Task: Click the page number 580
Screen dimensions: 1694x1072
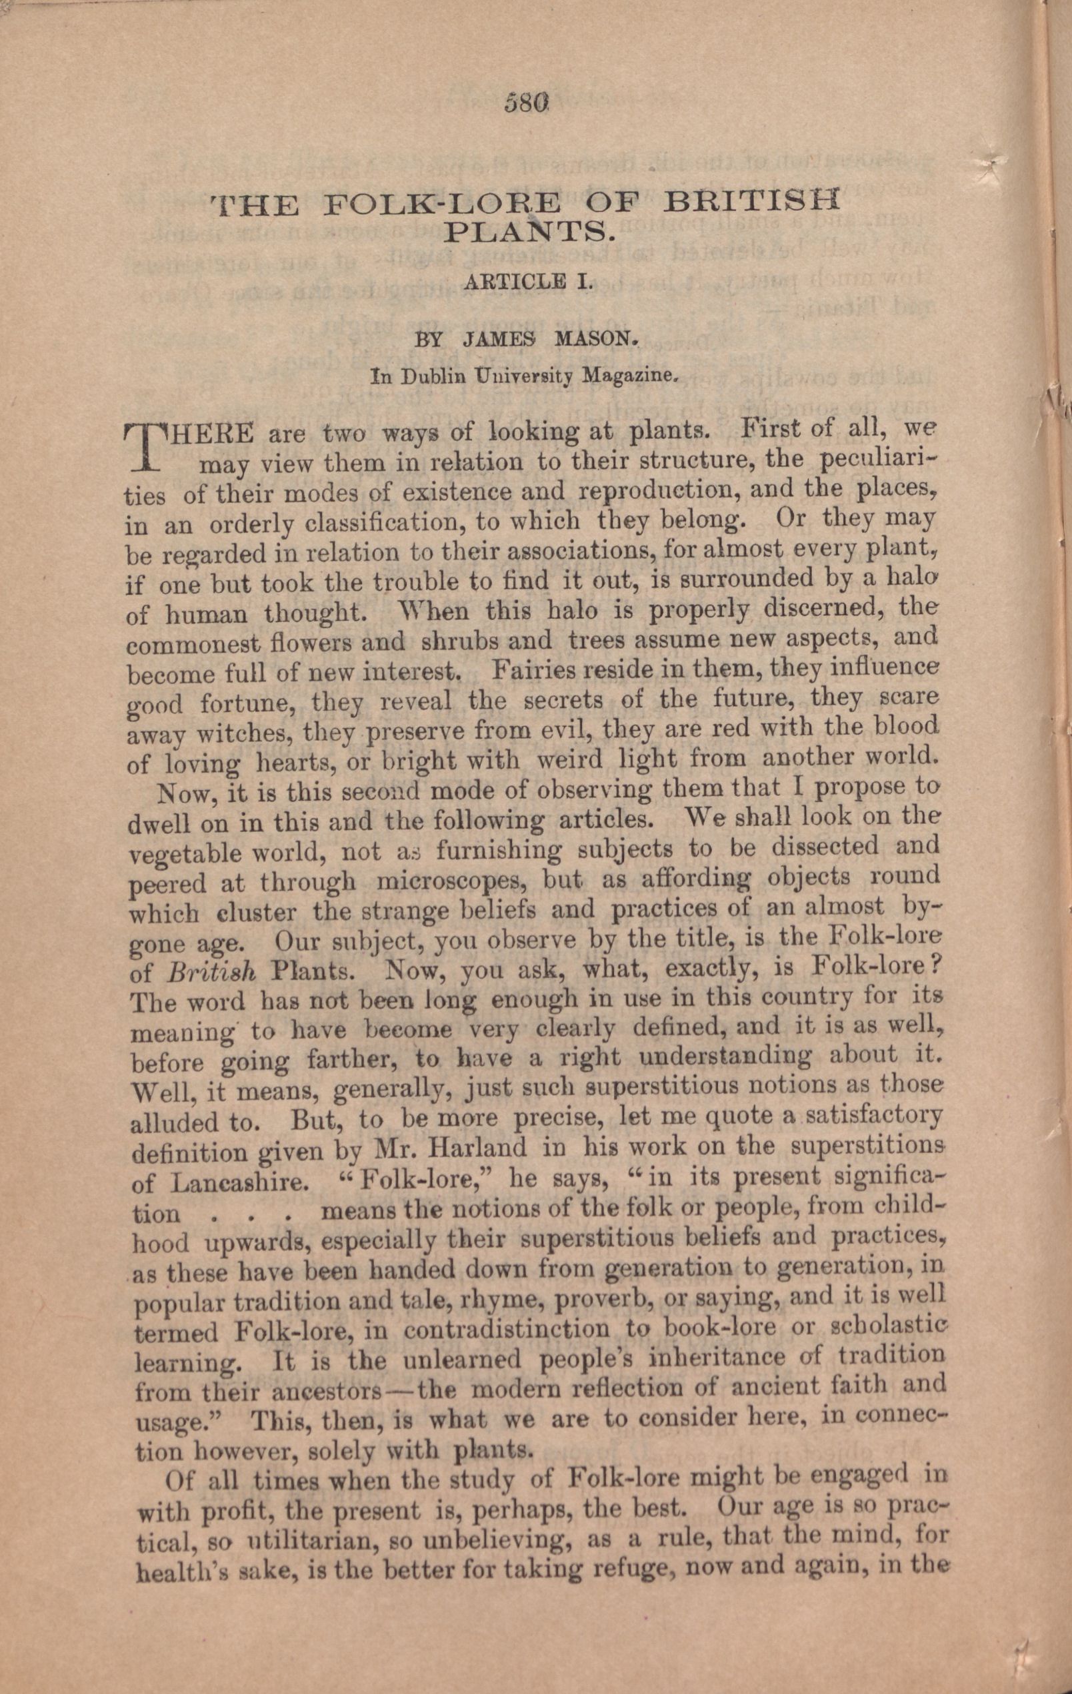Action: pyautogui.click(x=526, y=105)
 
